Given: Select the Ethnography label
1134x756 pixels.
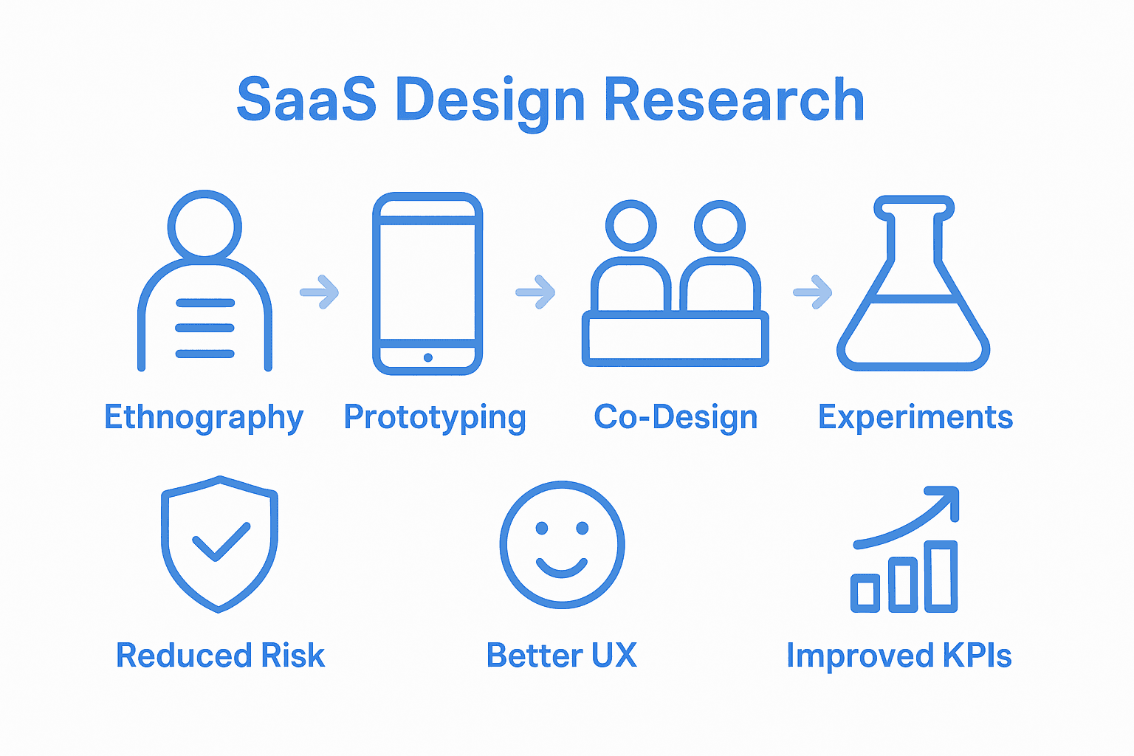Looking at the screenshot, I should [x=204, y=418].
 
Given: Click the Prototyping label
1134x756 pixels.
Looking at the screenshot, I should [x=435, y=418].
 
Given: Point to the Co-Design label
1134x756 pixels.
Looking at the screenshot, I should [x=676, y=417].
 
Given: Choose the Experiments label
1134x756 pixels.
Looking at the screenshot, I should [x=915, y=417].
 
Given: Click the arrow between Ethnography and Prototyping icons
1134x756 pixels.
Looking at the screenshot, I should [x=320, y=292].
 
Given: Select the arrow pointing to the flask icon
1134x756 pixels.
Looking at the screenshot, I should [x=813, y=292].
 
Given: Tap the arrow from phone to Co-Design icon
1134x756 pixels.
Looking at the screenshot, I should [x=536, y=292].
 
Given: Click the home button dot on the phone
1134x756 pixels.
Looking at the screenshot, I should [x=428, y=358].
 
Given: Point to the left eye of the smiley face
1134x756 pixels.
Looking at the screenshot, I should [x=542, y=528].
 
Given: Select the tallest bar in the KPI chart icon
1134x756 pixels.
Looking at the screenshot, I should [x=941, y=577].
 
